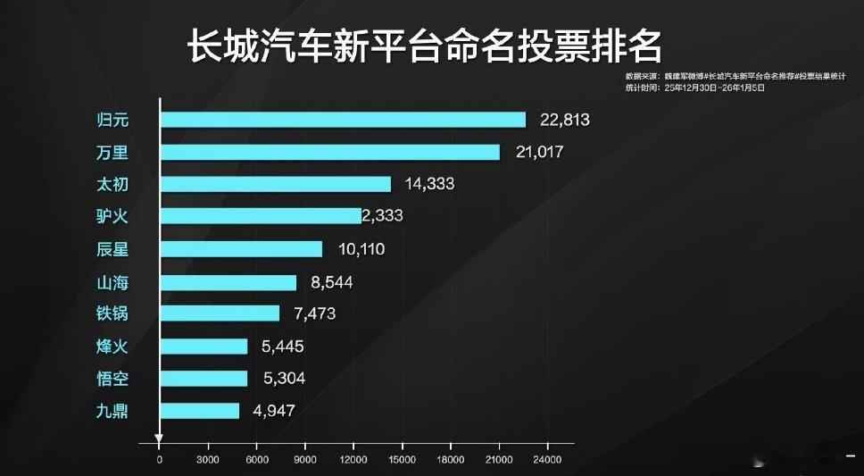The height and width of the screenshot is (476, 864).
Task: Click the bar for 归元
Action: click(x=343, y=120)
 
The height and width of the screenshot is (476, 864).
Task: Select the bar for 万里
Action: click(x=329, y=152)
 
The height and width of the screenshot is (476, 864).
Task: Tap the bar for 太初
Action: click(x=275, y=184)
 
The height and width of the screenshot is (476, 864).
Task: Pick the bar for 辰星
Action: click(x=241, y=249)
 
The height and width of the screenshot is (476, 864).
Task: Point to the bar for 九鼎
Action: click(x=199, y=411)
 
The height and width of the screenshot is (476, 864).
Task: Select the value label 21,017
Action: click(x=539, y=152)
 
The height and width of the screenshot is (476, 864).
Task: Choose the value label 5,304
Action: click(x=284, y=379)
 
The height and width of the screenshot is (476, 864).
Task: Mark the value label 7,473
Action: click(x=312, y=314)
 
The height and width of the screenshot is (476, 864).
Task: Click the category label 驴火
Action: click(x=112, y=216)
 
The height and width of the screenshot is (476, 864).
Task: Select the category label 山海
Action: click(x=112, y=282)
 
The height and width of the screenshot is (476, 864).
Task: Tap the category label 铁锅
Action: click(x=112, y=314)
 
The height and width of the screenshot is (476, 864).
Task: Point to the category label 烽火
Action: click(x=112, y=347)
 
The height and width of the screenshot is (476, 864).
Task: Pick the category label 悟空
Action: click(x=112, y=379)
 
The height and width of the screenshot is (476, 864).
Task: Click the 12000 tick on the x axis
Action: click(x=353, y=459)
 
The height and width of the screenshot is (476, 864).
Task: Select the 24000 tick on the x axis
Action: click(x=547, y=459)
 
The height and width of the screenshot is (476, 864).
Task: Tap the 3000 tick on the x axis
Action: click(x=208, y=459)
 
